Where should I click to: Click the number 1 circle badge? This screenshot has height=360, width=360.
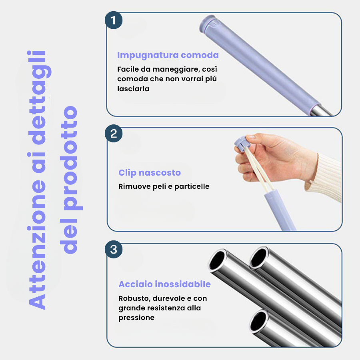point(114,21)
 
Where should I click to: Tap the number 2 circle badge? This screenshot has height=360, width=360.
point(114,134)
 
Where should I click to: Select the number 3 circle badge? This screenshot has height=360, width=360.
point(114,250)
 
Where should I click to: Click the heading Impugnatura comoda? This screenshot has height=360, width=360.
point(168,55)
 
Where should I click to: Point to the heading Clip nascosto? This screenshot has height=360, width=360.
point(150,173)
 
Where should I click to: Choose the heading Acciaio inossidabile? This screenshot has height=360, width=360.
point(164,284)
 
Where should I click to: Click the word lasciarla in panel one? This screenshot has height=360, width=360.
point(133,89)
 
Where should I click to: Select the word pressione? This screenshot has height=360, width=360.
point(136,318)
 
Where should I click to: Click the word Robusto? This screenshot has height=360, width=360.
point(133,298)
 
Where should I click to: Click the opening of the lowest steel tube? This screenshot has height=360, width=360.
point(259,320)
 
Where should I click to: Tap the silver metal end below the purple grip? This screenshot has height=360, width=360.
point(323,110)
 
